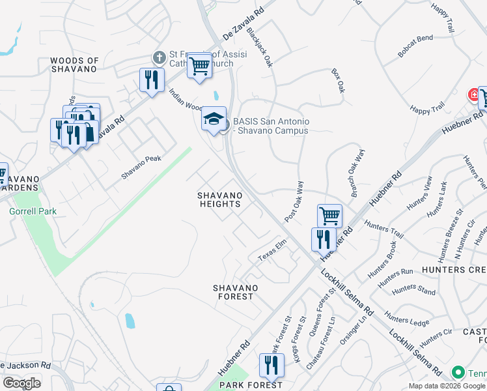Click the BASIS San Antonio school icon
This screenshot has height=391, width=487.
pos(214,119)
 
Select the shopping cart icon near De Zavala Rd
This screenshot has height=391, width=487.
pos(199,66)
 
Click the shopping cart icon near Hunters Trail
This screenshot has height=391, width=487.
pos(329,215)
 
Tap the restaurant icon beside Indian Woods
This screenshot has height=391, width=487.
pos(151,80)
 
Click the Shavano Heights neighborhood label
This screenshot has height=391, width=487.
pos(220,199)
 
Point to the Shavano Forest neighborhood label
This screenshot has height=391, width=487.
pos(235,292)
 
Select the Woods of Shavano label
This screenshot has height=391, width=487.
pos(74,65)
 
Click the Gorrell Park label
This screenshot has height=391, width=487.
pos(33,211)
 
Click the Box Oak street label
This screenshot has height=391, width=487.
pos(338,81)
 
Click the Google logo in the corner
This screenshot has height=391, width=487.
pos(21,383)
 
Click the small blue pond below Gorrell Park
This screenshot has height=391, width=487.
pos(130,320)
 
